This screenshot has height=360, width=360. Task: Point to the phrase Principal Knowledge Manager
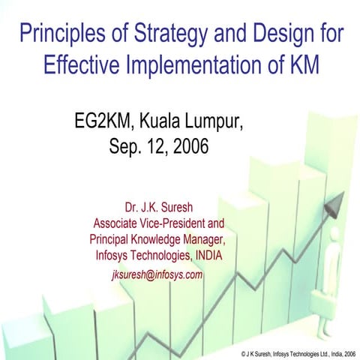[x=156, y=240]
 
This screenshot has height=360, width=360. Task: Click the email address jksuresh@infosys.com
[x=157, y=274]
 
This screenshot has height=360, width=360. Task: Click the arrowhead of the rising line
[x=337, y=201]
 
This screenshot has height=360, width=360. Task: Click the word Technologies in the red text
[x=160, y=256]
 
